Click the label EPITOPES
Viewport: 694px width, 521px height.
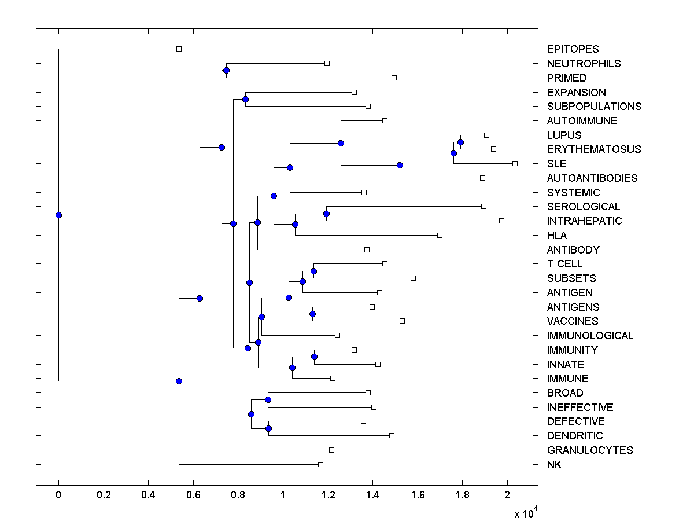(x=573, y=49)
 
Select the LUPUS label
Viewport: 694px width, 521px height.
(x=564, y=135)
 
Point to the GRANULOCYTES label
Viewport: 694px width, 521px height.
(x=589, y=450)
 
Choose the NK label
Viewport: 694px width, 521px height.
(x=553, y=464)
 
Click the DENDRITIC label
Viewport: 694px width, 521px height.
(x=574, y=435)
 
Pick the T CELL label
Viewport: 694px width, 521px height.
(x=564, y=263)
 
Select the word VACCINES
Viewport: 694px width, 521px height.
(x=572, y=321)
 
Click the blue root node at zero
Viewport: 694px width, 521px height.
(x=58, y=215)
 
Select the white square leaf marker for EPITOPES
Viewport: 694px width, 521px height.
(x=179, y=49)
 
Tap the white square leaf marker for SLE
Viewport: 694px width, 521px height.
(x=515, y=163)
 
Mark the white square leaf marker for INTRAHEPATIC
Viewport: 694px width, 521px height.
(x=501, y=221)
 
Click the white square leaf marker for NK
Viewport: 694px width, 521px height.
(x=320, y=464)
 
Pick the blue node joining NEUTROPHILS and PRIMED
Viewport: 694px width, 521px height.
(x=226, y=71)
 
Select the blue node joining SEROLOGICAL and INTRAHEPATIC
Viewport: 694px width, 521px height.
(x=326, y=214)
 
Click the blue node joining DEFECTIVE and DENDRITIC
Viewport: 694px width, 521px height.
(x=268, y=428)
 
